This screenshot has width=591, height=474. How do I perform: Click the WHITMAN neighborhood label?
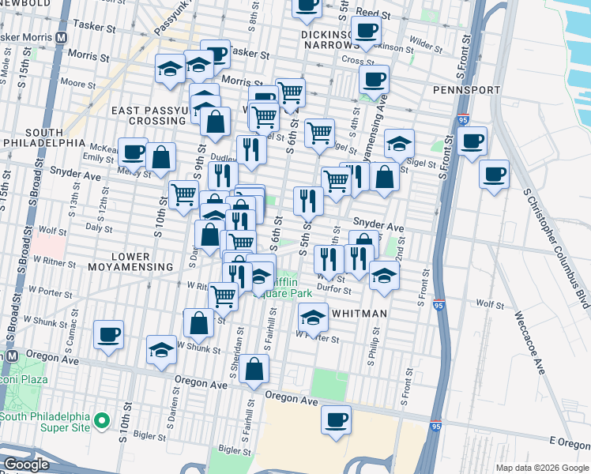tap(359, 314)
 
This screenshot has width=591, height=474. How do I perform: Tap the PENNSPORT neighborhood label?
tap(464, 90)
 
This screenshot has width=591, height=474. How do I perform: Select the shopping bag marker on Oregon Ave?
tap(254, 369)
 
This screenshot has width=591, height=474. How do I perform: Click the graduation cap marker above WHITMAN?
tap(314, 318)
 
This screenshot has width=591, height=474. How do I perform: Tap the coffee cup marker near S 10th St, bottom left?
tap(108, 334)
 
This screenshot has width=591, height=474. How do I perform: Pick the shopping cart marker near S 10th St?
tap(184, 193)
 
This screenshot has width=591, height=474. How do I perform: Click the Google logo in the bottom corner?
tap(25, 465)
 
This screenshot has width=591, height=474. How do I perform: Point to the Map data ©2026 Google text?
tap(541, 468)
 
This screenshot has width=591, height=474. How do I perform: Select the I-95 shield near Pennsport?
tap(463, 121)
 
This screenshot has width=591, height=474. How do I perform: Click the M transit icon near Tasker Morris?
tap(62, 38)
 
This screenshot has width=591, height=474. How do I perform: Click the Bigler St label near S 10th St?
tap(149, 434)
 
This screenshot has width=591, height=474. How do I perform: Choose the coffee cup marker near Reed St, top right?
tap(366, 31)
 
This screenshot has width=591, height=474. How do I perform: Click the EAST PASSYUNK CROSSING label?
tap(149, 115)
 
